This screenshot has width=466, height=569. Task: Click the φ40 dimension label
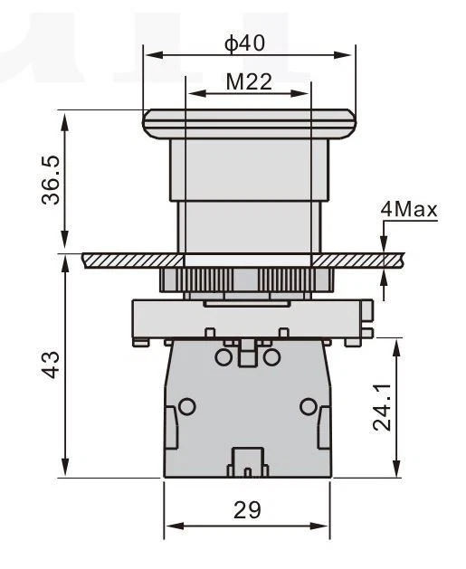coord(245,43)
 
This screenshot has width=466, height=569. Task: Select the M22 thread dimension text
coord(249,82)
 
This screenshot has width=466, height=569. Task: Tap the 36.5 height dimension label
coord(51,180)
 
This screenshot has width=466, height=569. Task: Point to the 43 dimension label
coord(51,365)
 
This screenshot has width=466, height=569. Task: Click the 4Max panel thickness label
coord(409,210)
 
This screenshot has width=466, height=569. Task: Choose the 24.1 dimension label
coord(382,407)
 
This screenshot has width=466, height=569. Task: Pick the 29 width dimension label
coord(247,510)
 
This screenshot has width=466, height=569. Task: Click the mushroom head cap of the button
coord(249,124)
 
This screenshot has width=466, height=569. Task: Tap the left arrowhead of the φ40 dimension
coord(154,55)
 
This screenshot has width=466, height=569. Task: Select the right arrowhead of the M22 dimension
coord(300,93)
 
